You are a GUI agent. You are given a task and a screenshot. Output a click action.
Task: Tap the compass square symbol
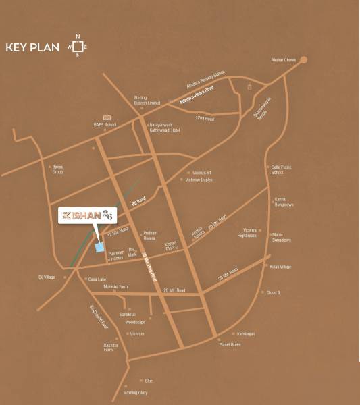click(x=77, y=47)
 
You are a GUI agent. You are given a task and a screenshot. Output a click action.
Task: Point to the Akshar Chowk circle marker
click(x=303, y=59)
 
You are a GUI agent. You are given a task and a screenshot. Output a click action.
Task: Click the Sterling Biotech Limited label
click(x=140, y=99)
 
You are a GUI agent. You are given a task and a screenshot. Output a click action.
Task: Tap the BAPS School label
click(x=105, y=125)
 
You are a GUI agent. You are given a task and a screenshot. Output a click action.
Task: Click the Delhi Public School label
click(x=278, y=169)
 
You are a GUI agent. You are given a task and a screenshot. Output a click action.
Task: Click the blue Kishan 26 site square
click(x=100, y=248)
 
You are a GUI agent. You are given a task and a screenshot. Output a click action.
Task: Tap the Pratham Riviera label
click(x=150, y=236)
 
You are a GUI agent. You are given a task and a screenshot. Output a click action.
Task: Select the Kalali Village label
click(x=281, y=267)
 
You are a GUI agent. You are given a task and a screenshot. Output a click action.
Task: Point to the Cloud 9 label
click(x=274, y=292)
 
